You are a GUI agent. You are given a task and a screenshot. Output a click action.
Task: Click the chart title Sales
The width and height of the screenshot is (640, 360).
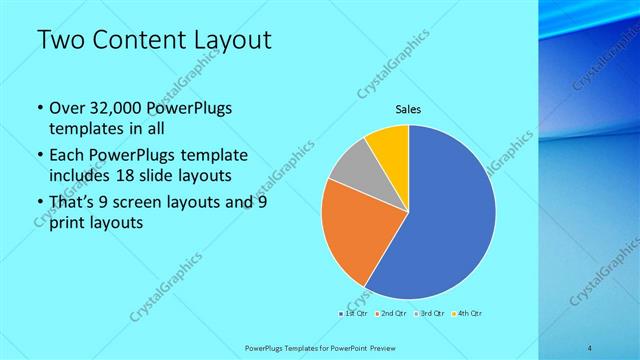click(x=408, y=109)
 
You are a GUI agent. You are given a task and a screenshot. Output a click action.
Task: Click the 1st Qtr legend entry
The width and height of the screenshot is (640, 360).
click(x=355, y=314)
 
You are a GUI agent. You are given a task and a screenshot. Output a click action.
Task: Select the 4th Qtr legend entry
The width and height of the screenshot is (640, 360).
click(x=469, y=314)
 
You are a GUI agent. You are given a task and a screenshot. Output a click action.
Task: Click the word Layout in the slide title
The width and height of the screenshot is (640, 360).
click(x=232, y=41)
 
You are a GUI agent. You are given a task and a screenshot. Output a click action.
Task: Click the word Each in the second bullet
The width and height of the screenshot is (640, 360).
click(x=66, y=156)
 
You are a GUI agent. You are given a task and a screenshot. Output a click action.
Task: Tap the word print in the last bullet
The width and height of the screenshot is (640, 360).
click(x=67, y=224)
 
